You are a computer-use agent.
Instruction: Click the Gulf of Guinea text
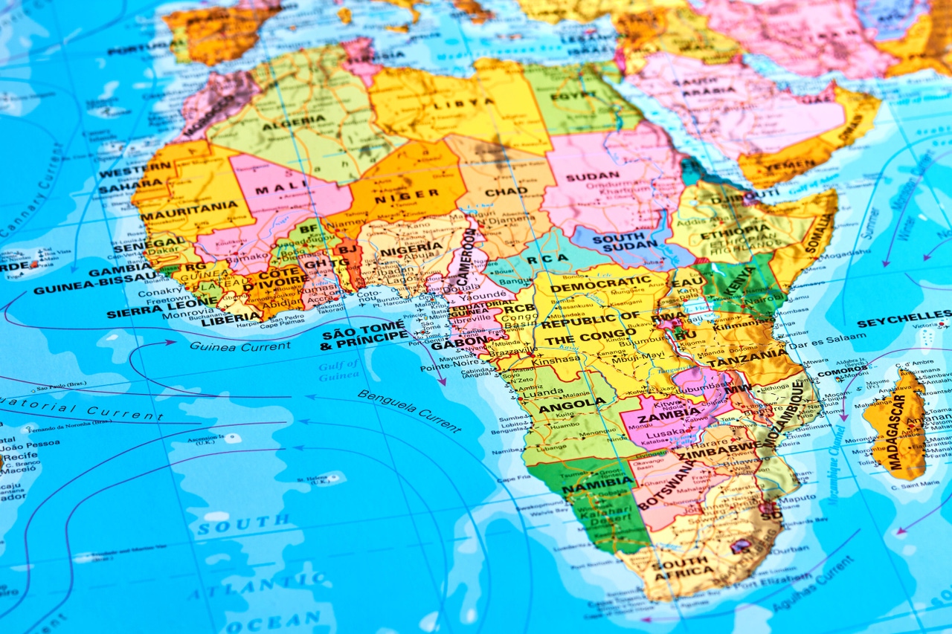point(339,370)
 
